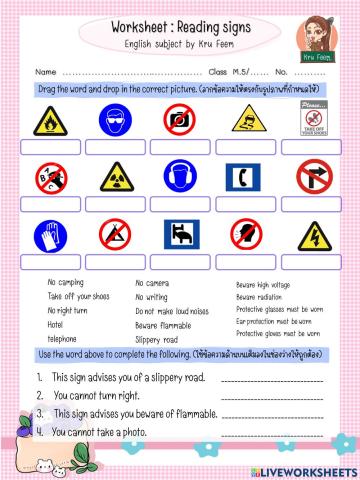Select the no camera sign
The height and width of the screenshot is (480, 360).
pyautogui.click(x=181, y=122)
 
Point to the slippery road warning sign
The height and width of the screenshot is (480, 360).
pyautogui.click(x=247, y=122)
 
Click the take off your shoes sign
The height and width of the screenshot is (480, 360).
pyautogui.click(x=313, y=122)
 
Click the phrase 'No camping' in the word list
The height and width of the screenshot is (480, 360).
pyautogui.click(x=67, y=283)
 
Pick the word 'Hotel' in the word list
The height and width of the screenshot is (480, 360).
pyautogui.click(x=57, y=325)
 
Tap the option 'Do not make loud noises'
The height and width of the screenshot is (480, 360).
pyautogui.click(x=170, y=311)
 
